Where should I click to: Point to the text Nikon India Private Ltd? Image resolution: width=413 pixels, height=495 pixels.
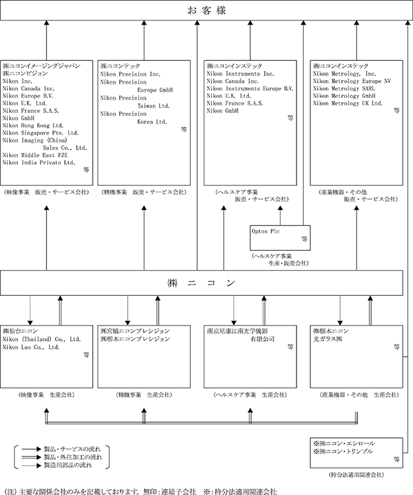[39, 161]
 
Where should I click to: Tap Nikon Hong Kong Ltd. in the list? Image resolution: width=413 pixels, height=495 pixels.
[33, 124]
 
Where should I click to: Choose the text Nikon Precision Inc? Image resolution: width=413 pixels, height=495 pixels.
[130, 75]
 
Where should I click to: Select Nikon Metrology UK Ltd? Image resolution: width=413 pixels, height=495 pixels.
[347, 103]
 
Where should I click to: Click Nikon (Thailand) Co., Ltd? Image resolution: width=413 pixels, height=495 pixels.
[40, 338]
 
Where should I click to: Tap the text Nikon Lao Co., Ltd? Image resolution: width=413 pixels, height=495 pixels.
[31, 346]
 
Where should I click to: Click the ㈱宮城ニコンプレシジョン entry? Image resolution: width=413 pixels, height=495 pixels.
[135, 330]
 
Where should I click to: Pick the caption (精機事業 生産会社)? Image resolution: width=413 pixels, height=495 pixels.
[144, 394]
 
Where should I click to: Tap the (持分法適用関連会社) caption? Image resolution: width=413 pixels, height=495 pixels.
[356, 474]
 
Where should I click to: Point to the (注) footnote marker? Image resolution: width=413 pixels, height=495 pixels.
[11, 491]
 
